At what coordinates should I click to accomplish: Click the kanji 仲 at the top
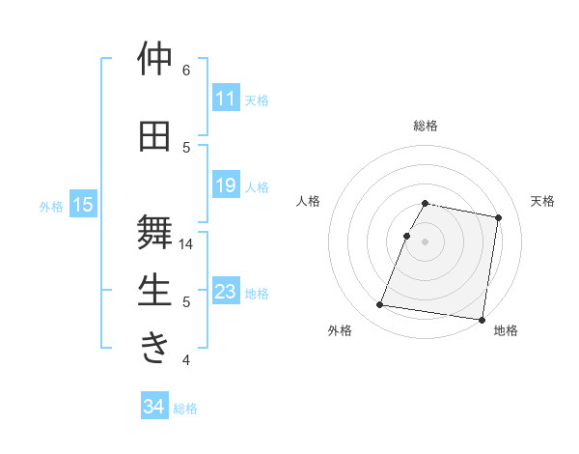coord(154,59)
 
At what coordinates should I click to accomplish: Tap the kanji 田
coord(154,136)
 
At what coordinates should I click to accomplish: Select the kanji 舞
coord(154,232)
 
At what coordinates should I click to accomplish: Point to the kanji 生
coord(154,291)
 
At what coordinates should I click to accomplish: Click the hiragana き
coord(154,348)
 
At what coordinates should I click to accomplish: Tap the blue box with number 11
coord(225,99)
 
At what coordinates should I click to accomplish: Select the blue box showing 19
coord(225,185)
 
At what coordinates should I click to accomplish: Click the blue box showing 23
coord(225,292)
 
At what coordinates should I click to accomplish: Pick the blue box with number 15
coord(82,205)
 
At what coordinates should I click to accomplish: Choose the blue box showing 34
coord(153,408)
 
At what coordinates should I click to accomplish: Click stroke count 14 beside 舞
coord(186,244)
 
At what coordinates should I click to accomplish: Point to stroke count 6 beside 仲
coord(186,70)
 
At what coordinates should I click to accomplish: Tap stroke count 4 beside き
coord(186,360)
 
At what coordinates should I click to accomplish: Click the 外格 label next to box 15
coord(51,206)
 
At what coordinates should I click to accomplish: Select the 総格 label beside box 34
coord(185,409)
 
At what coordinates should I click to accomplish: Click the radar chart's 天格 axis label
coord(542,201)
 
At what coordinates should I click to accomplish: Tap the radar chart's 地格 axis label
coord(506,330)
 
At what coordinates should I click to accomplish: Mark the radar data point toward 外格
coord(380,305)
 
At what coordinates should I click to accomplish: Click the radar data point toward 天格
coord(498,218)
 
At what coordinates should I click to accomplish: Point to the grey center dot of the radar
coord(425,241)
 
